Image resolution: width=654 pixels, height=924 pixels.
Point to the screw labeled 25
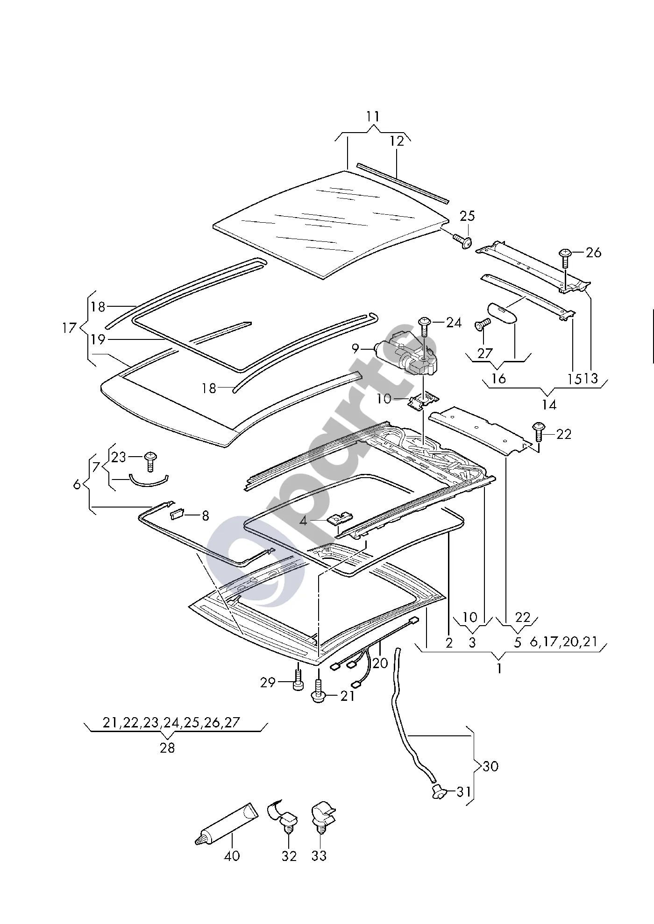pos(462,241)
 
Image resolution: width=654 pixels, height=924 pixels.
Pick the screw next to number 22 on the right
pos(538,432)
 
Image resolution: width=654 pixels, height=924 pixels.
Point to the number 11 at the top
pos(373,116)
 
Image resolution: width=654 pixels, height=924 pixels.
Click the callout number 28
pos(167,748)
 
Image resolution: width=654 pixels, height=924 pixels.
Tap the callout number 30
pos(490,766)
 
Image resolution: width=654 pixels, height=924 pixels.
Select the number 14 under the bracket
pos(549,404)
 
